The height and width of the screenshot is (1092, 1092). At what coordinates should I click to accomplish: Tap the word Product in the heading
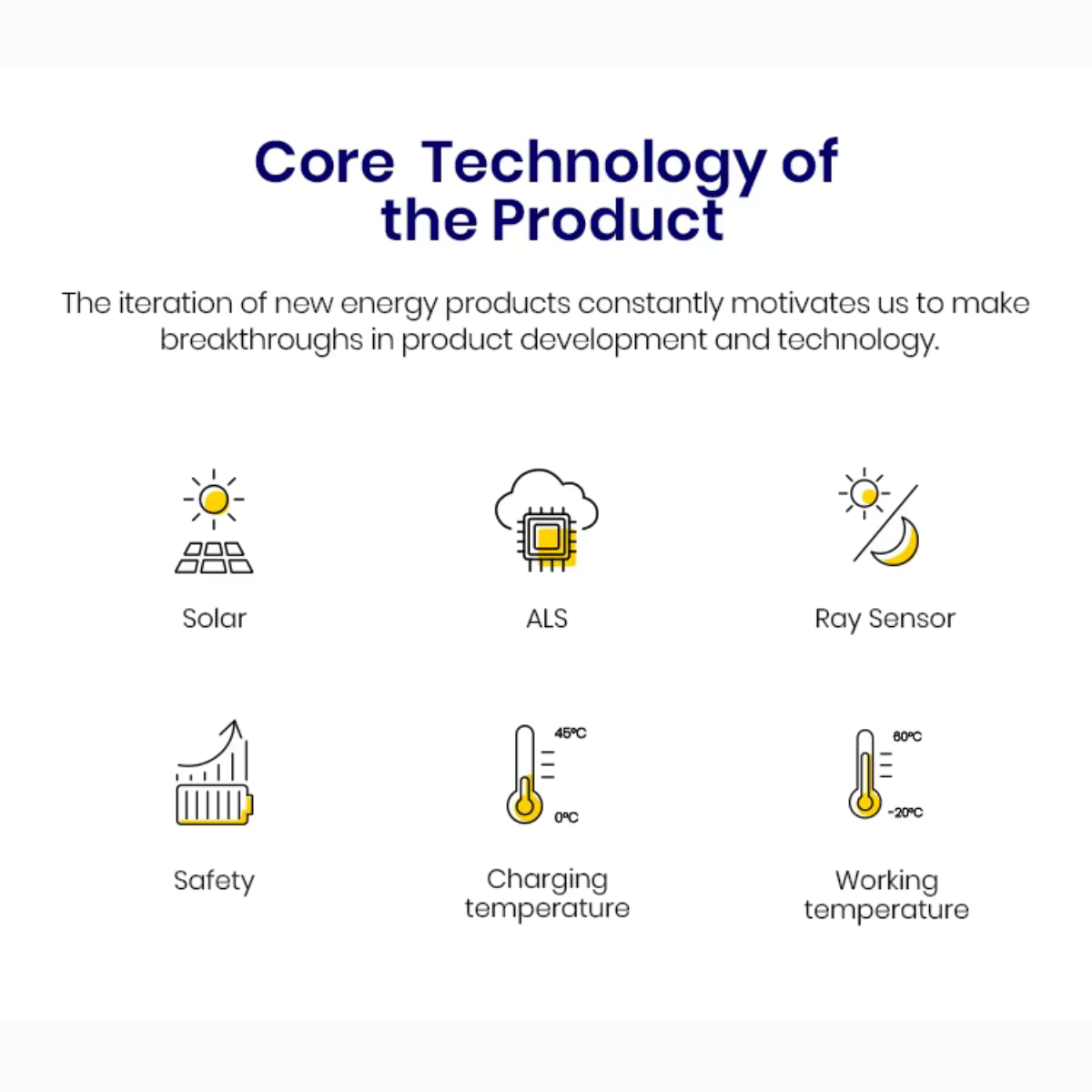coord(608,220)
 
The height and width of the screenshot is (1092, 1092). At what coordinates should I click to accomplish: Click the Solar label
coord(214,618)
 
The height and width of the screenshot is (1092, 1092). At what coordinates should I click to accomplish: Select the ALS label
coord(547,618)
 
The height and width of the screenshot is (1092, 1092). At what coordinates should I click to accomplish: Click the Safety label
coord(214,881)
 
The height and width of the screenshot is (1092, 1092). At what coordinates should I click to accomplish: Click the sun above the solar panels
coord(214,500)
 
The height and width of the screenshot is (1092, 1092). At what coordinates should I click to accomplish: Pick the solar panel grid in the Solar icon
coord(214,558)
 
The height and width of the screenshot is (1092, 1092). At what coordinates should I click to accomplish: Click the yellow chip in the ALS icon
coord(547,537)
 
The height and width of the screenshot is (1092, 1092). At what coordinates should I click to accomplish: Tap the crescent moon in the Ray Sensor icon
coord(896,542)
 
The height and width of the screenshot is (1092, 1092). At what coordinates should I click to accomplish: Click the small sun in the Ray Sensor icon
coord(864,493)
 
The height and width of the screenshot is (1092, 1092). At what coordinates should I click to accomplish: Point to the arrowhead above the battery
coord(235,728)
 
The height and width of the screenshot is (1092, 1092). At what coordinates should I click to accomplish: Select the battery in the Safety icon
coord(214,804)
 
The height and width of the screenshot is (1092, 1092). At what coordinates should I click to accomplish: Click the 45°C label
coord(571,733)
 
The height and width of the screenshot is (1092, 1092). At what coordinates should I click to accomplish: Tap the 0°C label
coord(566,817)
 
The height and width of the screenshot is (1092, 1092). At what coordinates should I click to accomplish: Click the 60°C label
coord(907,737)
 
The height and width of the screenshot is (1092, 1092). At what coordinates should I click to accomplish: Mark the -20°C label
coord(905,813)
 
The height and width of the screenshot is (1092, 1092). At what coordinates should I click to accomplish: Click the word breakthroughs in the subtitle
coord(261,340)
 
